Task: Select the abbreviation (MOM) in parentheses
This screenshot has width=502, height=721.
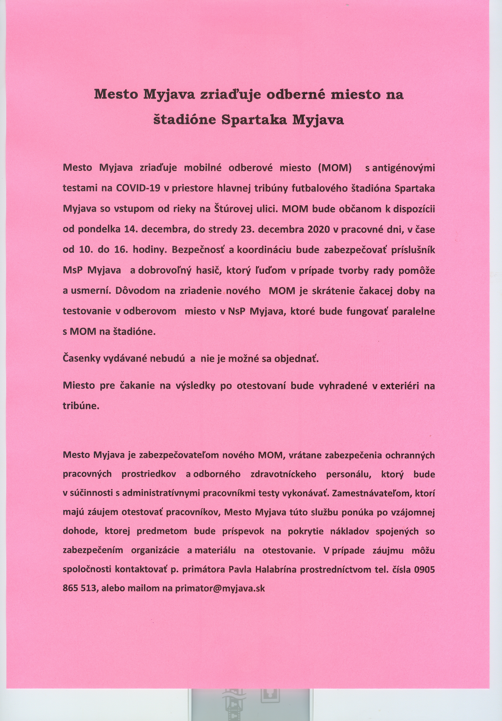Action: (335, 168)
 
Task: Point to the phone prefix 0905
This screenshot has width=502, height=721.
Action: (424, 569)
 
